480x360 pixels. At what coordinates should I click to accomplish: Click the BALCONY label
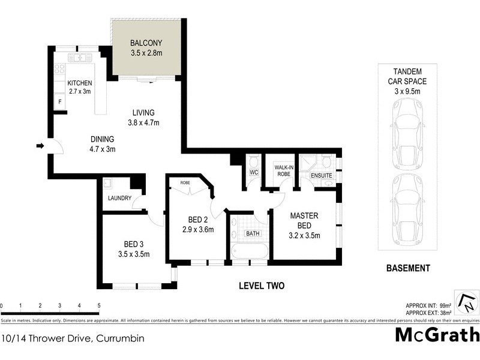point(146,44)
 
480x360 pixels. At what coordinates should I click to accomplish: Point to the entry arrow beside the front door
point(40,145)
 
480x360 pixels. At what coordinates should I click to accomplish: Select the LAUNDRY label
point(120,198)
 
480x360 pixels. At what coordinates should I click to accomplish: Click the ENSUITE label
point(321,176)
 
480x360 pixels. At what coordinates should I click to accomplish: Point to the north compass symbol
point(466,302)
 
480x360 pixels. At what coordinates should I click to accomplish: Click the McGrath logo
point(436,334)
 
